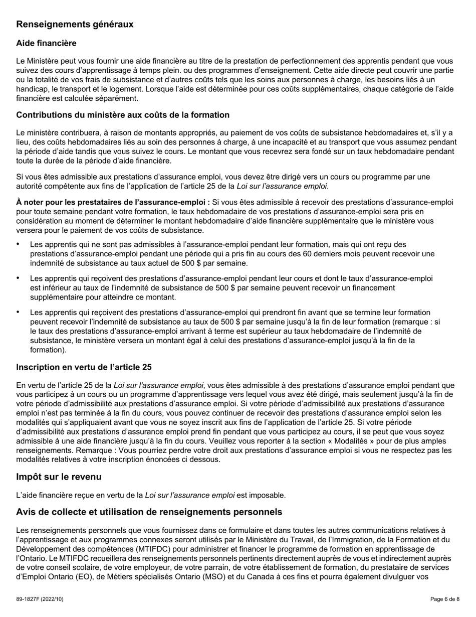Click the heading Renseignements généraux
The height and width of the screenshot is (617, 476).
pyautogui.click(x=75, y=24)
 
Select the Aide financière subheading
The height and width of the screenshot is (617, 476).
pyautogui.click(x=46, y=44)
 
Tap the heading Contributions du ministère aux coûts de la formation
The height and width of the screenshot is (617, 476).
pyautogui.click(x=123, y=115)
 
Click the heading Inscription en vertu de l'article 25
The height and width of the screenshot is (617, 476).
pyautogui.click(x=84, y=367)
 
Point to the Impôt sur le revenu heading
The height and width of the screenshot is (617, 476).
pyautogui.click(x=59, y=477)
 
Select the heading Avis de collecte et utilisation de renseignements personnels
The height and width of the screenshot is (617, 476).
pyautogui.click(x=149, y=512)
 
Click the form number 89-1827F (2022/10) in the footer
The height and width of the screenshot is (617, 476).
pyautogui.click(x=40, y=599)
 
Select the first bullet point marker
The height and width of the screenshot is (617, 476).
pyautogui.click(x=19, y=244)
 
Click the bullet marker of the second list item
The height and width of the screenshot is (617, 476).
pyautogui.click(x=19, y=278)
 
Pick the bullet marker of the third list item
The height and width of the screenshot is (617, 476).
pyautogui.click(x=19, y=312)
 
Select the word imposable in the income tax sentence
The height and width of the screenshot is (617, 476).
pyautogui.click(x=268, y=496)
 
